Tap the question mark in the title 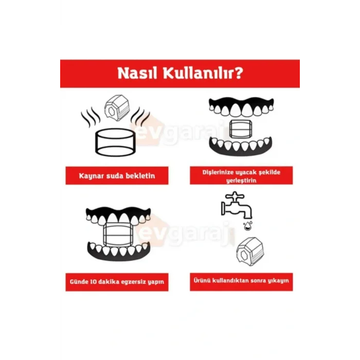[x=238, y=73]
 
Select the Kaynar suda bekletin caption [x=117, y=176]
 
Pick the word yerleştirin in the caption [x=241, y=179]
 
